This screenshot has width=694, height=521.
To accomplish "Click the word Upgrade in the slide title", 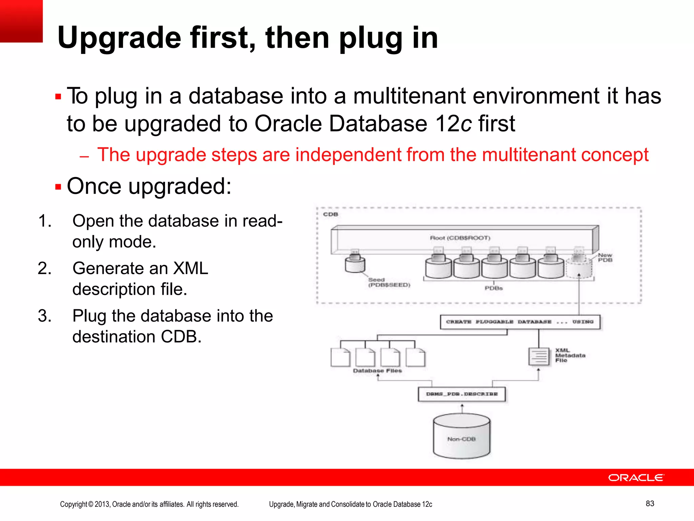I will pos(119,38).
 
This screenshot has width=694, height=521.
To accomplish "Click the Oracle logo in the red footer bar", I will pos(636,478).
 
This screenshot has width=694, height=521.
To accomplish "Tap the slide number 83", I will pos(650,503).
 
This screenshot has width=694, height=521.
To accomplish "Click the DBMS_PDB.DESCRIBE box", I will pos(462,394).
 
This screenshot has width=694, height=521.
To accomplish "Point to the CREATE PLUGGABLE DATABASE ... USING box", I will pos(520,322).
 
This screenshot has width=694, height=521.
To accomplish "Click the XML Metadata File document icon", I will pos(539,356).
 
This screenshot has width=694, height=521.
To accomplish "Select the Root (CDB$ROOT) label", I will pos(460,238).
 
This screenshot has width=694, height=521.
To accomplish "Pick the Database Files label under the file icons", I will pos(377,371).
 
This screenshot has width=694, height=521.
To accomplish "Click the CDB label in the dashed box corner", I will pos(330,214).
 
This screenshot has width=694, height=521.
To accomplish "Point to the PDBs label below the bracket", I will pos(493,288).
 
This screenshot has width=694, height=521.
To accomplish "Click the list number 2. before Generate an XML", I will pos(45,268).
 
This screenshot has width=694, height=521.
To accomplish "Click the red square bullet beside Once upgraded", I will pos(58,187).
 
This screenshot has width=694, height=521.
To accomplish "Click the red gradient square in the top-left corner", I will pos(21,21).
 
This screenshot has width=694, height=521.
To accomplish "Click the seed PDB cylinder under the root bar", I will pos(355,264).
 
